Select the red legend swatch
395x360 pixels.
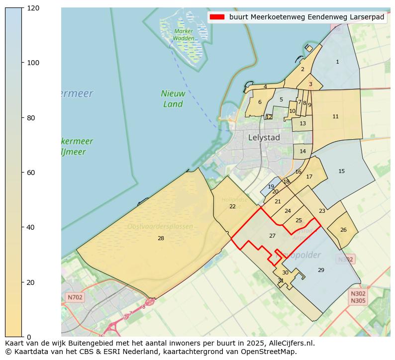click(217, 17)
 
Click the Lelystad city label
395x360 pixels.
click(264, 138)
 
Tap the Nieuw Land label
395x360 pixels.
click(173, 98)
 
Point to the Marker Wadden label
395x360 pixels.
click(184, 35)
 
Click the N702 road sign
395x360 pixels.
click(75, 297)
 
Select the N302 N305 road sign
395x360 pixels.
click(358, 297)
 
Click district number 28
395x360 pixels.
click(161, 239)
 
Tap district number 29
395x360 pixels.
click(321, 270)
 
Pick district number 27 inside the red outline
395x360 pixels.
click(272, 236)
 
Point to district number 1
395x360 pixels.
click(337, 62)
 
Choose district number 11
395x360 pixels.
click(335, 116)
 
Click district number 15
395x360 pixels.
click(341, 171)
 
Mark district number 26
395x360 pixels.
click(343, 230)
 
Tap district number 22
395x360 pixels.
click(232, 206)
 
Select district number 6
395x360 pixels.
click(260, 102)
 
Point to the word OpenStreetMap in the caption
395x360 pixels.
click(273, 352)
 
